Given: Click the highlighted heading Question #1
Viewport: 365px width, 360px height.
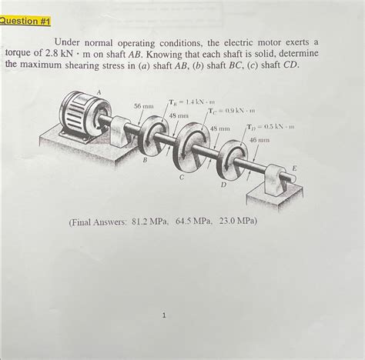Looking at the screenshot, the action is pyautogui.click(x=25, y=21).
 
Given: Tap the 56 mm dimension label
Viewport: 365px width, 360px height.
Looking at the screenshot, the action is pyautogui.click(x=144, y=106).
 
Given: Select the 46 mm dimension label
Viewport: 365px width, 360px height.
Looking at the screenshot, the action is pyautogui.click(x=260, y=140).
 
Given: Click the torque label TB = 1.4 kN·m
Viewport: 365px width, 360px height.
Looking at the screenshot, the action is pyautogui.click(x=191, y=102).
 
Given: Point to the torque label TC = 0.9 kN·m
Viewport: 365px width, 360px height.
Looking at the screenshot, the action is pyautogui.click(x=231, y=111).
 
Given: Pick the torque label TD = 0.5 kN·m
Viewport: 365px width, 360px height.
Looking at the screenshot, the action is pyautogui.click(x=271, y=127).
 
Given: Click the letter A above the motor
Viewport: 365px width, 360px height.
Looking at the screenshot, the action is pyautogui.click(x=99, y=92).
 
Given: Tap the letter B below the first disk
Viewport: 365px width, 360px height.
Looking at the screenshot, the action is pyautogui.click(x=145, y=161).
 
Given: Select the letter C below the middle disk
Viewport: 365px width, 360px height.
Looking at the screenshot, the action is pyautogui.click(x=182, y=177).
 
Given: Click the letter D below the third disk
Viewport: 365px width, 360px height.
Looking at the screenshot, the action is pyautogui.click(x=223, y=185).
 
